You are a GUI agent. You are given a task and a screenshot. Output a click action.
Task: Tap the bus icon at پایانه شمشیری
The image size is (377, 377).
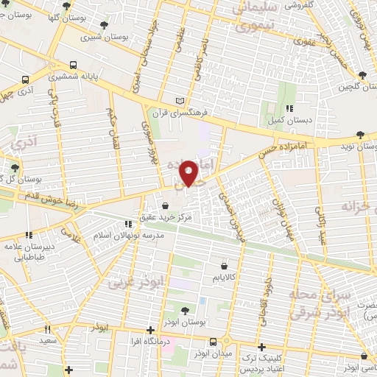[x=72, y=65]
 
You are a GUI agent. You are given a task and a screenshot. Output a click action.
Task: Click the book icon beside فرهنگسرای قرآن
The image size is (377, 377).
[x=182, y=101]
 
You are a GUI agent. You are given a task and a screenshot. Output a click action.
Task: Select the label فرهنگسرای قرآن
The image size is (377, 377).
[x=182, y=113]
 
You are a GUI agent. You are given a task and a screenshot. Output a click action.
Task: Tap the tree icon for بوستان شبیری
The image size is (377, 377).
[x=105, y=25]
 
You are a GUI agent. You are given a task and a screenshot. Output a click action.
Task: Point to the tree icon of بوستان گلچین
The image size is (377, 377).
[x=362, y=74]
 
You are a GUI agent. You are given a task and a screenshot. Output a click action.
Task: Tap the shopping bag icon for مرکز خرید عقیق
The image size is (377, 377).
[x=163, y=207]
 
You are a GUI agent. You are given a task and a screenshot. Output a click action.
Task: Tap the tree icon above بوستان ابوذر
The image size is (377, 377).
[x=183, y=311]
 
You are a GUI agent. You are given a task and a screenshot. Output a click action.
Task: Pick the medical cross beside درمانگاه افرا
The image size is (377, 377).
[x=151, y=329]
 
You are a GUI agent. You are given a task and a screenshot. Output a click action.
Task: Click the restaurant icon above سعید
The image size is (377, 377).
[x=49, y=331]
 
